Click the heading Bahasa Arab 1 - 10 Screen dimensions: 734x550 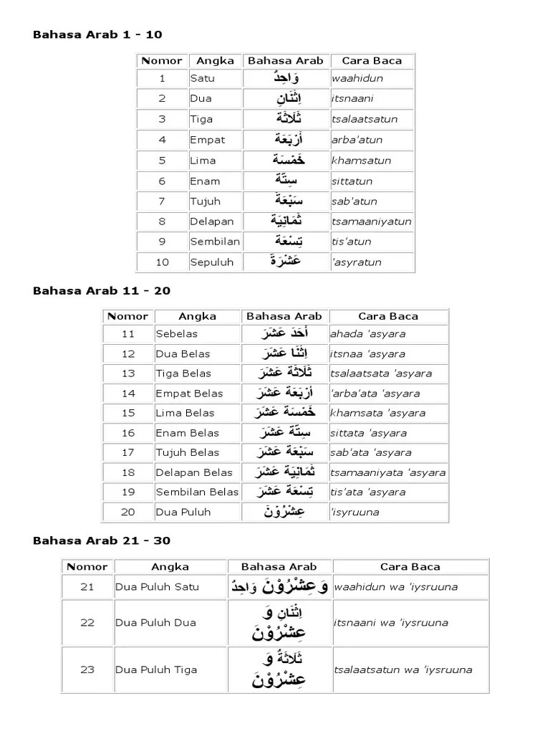click(x=97, y=34)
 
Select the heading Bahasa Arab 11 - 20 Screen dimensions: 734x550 click(x=102, y=290)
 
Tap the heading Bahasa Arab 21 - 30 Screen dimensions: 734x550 click(x=102, y=540)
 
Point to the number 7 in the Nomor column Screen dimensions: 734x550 click(x=162, y=201)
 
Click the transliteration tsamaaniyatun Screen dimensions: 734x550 click(x=371, y=221)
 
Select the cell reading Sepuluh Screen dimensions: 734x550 click(x=212, y=262)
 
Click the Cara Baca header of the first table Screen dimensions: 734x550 click(x=372, y=61)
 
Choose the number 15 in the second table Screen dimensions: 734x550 click(x=128, y=413)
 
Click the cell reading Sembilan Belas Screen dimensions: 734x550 click(x=196, y=492)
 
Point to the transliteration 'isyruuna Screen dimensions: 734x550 click(x=354, y=512)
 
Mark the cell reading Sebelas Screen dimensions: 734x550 click(x=176, y=334)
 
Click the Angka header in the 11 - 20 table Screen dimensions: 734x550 click(x=197, y=316)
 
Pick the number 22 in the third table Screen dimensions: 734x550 click(x=87, y=623)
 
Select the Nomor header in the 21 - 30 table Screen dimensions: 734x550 click(x=87, y=567)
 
